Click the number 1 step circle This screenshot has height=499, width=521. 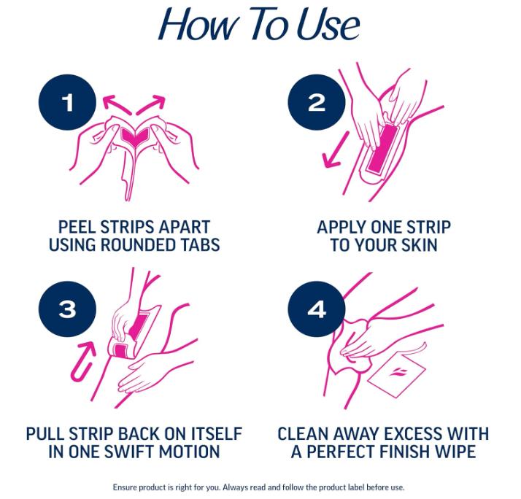point(69,103)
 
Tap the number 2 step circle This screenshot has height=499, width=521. point(316,103)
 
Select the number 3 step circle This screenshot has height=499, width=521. point(67,309)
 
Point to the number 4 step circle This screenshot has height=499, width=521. point(316,309)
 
